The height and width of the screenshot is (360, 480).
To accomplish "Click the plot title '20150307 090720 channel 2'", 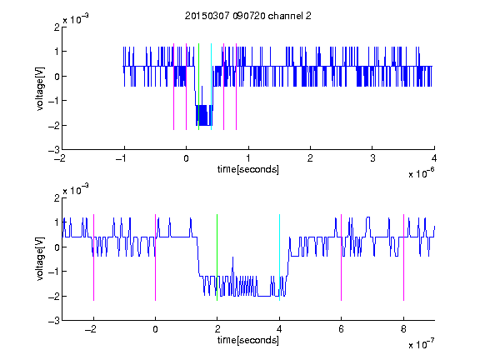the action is [x=248, y=16].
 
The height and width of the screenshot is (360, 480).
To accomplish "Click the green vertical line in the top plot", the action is [x=198, y=87].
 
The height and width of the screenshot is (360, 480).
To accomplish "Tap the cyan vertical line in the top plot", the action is [x=211, y=87].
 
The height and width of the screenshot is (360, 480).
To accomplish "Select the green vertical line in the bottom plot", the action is [x=217, y=257].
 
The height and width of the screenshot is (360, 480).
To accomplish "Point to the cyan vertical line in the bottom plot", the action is [x=279, y=257].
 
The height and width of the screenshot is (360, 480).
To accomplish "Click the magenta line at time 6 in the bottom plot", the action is [x=342, y=257].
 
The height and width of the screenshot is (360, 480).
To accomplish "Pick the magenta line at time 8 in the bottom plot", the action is [x=403, y=257].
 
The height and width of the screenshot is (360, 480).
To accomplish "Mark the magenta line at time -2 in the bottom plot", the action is [x=93, y=257].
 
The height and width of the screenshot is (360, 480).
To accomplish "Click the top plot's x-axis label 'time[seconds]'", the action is [x=248, y=169].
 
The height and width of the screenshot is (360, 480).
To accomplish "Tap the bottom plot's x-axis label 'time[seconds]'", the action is [x=248, y=340].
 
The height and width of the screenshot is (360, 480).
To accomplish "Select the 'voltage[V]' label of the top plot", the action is [x=40, y=88].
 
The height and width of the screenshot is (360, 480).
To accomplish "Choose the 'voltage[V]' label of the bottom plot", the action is [x=40, y=259].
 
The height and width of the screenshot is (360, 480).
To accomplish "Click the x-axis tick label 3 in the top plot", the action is [x=372, y=158].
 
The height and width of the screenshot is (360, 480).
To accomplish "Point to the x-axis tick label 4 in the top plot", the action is [x=434, y=158].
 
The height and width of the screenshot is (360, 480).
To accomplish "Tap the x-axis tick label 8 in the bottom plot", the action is [x=403, y=329].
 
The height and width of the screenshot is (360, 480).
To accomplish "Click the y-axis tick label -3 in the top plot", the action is [x=54, y=150].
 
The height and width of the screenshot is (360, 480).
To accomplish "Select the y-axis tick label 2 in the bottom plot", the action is [x=57, y=198].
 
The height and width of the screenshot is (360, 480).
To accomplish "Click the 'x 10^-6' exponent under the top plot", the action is [x=421, y=173].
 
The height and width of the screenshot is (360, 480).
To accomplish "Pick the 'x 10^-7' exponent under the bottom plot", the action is [x=421, y=344].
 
